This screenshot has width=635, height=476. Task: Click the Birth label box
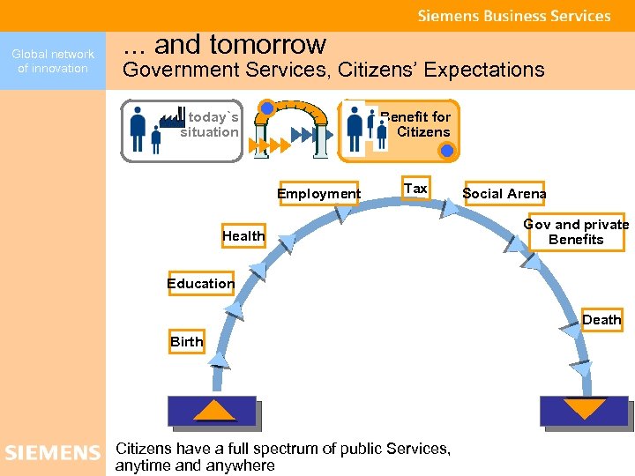[186, 342]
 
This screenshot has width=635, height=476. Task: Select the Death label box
[601, 320]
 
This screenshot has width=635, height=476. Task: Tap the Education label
[200, 284]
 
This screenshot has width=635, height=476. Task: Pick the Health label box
[243, 236]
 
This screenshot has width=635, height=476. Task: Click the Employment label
[318, 194]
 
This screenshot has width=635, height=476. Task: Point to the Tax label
[415, 189]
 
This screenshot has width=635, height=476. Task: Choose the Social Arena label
[504, 194]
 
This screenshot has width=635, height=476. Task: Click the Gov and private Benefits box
[576, 231]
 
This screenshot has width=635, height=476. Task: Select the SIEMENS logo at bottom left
[52, 453]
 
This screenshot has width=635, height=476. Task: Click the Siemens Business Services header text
[513, 16]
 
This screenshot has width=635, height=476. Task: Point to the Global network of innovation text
[53, 61]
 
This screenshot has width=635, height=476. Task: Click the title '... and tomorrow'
[224, 44]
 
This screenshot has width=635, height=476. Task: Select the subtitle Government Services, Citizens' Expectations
[332, 71]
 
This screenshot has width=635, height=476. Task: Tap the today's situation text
[210, 125]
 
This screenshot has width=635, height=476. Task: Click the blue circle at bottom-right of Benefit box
[447, 151]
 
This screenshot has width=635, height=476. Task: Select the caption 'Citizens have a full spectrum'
[282, 457]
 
